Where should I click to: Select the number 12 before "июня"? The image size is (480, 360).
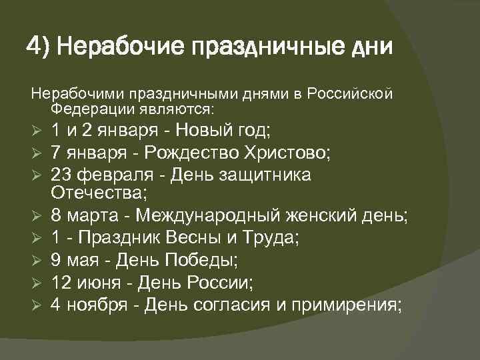coord(62,282)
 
